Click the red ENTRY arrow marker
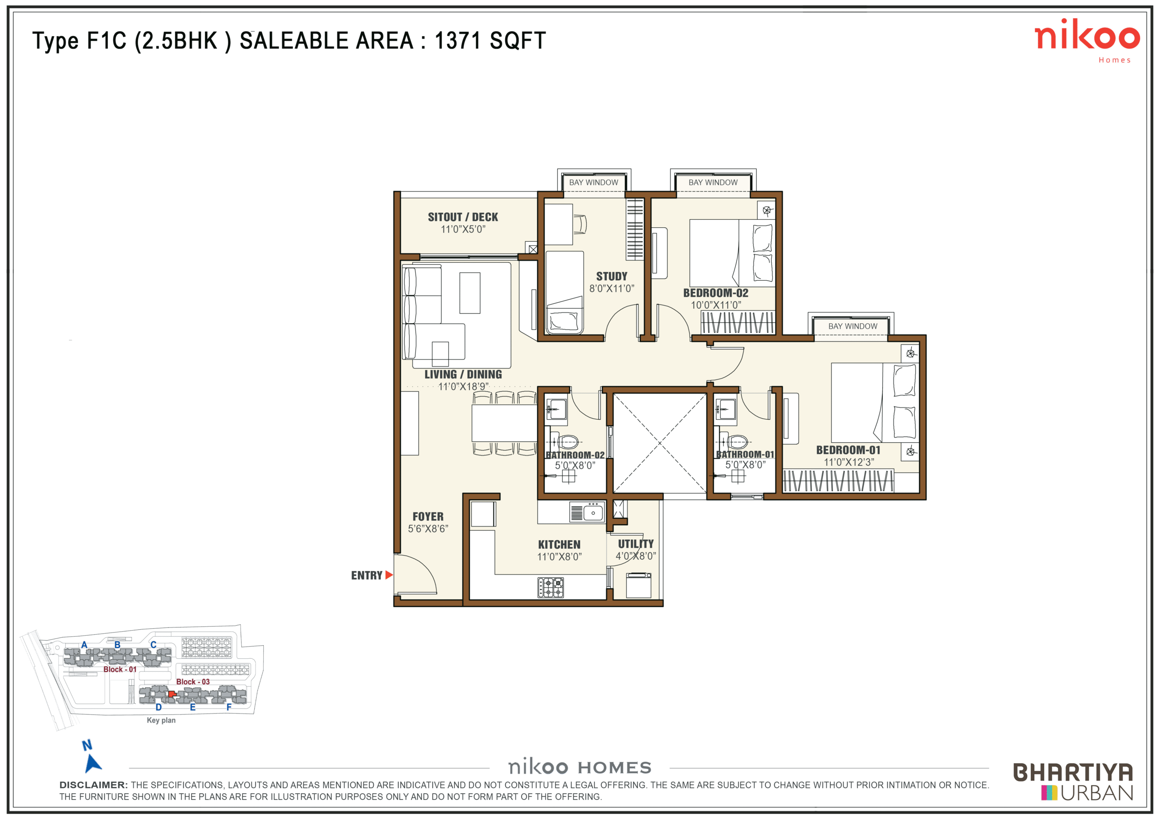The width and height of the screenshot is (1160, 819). pos(388,575)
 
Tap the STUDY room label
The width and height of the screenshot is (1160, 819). pos(611,276)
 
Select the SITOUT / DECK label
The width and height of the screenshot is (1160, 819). pos(463,217)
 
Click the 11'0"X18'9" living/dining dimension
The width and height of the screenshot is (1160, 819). pos(463,387)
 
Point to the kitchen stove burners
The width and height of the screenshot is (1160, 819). pos(550,588)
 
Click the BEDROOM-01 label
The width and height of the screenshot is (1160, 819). pos(848,450)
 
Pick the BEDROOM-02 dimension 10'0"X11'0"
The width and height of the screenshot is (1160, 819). pos(716,305)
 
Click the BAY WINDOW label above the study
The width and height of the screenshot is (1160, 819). pos(594,182)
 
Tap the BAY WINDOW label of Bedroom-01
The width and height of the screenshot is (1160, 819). pos(853,326)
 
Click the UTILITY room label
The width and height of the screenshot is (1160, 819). pos(636,544)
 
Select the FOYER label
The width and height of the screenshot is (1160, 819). pos(428,517)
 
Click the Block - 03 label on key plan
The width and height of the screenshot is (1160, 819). pos(193,682)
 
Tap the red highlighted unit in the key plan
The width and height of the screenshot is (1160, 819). pos(172,694)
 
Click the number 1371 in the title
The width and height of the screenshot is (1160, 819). pos(457,40)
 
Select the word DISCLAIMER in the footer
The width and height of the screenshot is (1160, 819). pos(93,785)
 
